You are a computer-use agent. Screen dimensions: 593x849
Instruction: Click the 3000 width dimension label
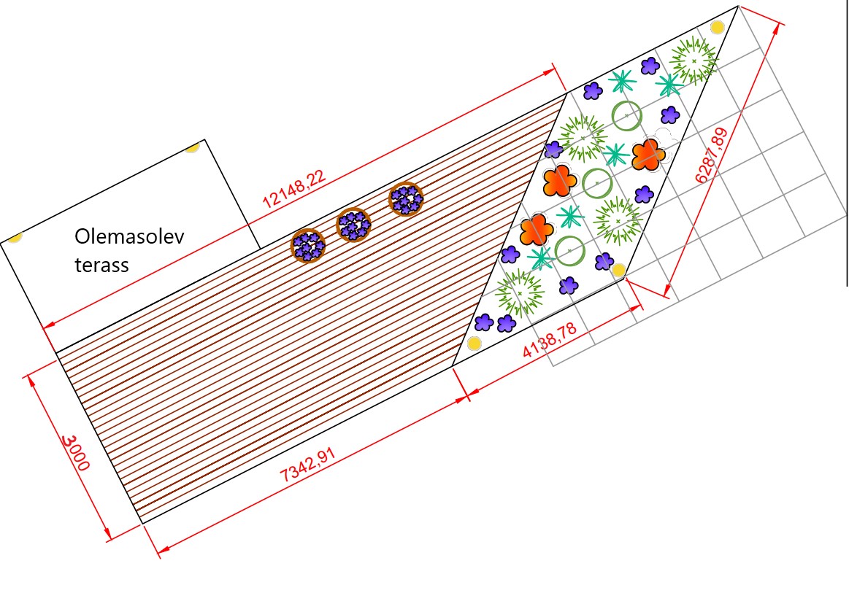tap(76, 453)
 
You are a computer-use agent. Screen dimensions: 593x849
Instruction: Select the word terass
tap(101, 264)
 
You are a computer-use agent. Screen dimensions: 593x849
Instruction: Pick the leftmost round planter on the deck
tap(308, 245)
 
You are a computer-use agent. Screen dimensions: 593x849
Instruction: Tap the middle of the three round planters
tap(354, 225)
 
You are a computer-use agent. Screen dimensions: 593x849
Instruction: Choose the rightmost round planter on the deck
tap(407, 198)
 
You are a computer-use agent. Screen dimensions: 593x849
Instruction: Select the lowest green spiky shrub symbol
tap(520, 292)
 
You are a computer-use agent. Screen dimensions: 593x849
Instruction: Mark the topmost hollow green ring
tap(626, 115)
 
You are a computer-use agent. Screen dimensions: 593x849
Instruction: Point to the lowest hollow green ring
tap(570, 250)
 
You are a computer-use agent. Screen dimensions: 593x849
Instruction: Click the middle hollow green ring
tap(597, 183)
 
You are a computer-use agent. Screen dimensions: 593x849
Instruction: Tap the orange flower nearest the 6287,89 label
tap(648, 155)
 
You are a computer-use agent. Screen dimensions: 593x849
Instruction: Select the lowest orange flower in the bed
tap(537, 230)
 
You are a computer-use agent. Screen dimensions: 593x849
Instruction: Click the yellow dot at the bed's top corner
tap(718, 28)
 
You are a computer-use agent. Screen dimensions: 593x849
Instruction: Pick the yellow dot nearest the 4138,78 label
tap(619, 271)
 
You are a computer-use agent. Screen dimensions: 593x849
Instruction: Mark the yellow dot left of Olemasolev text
tap(15, 237)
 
